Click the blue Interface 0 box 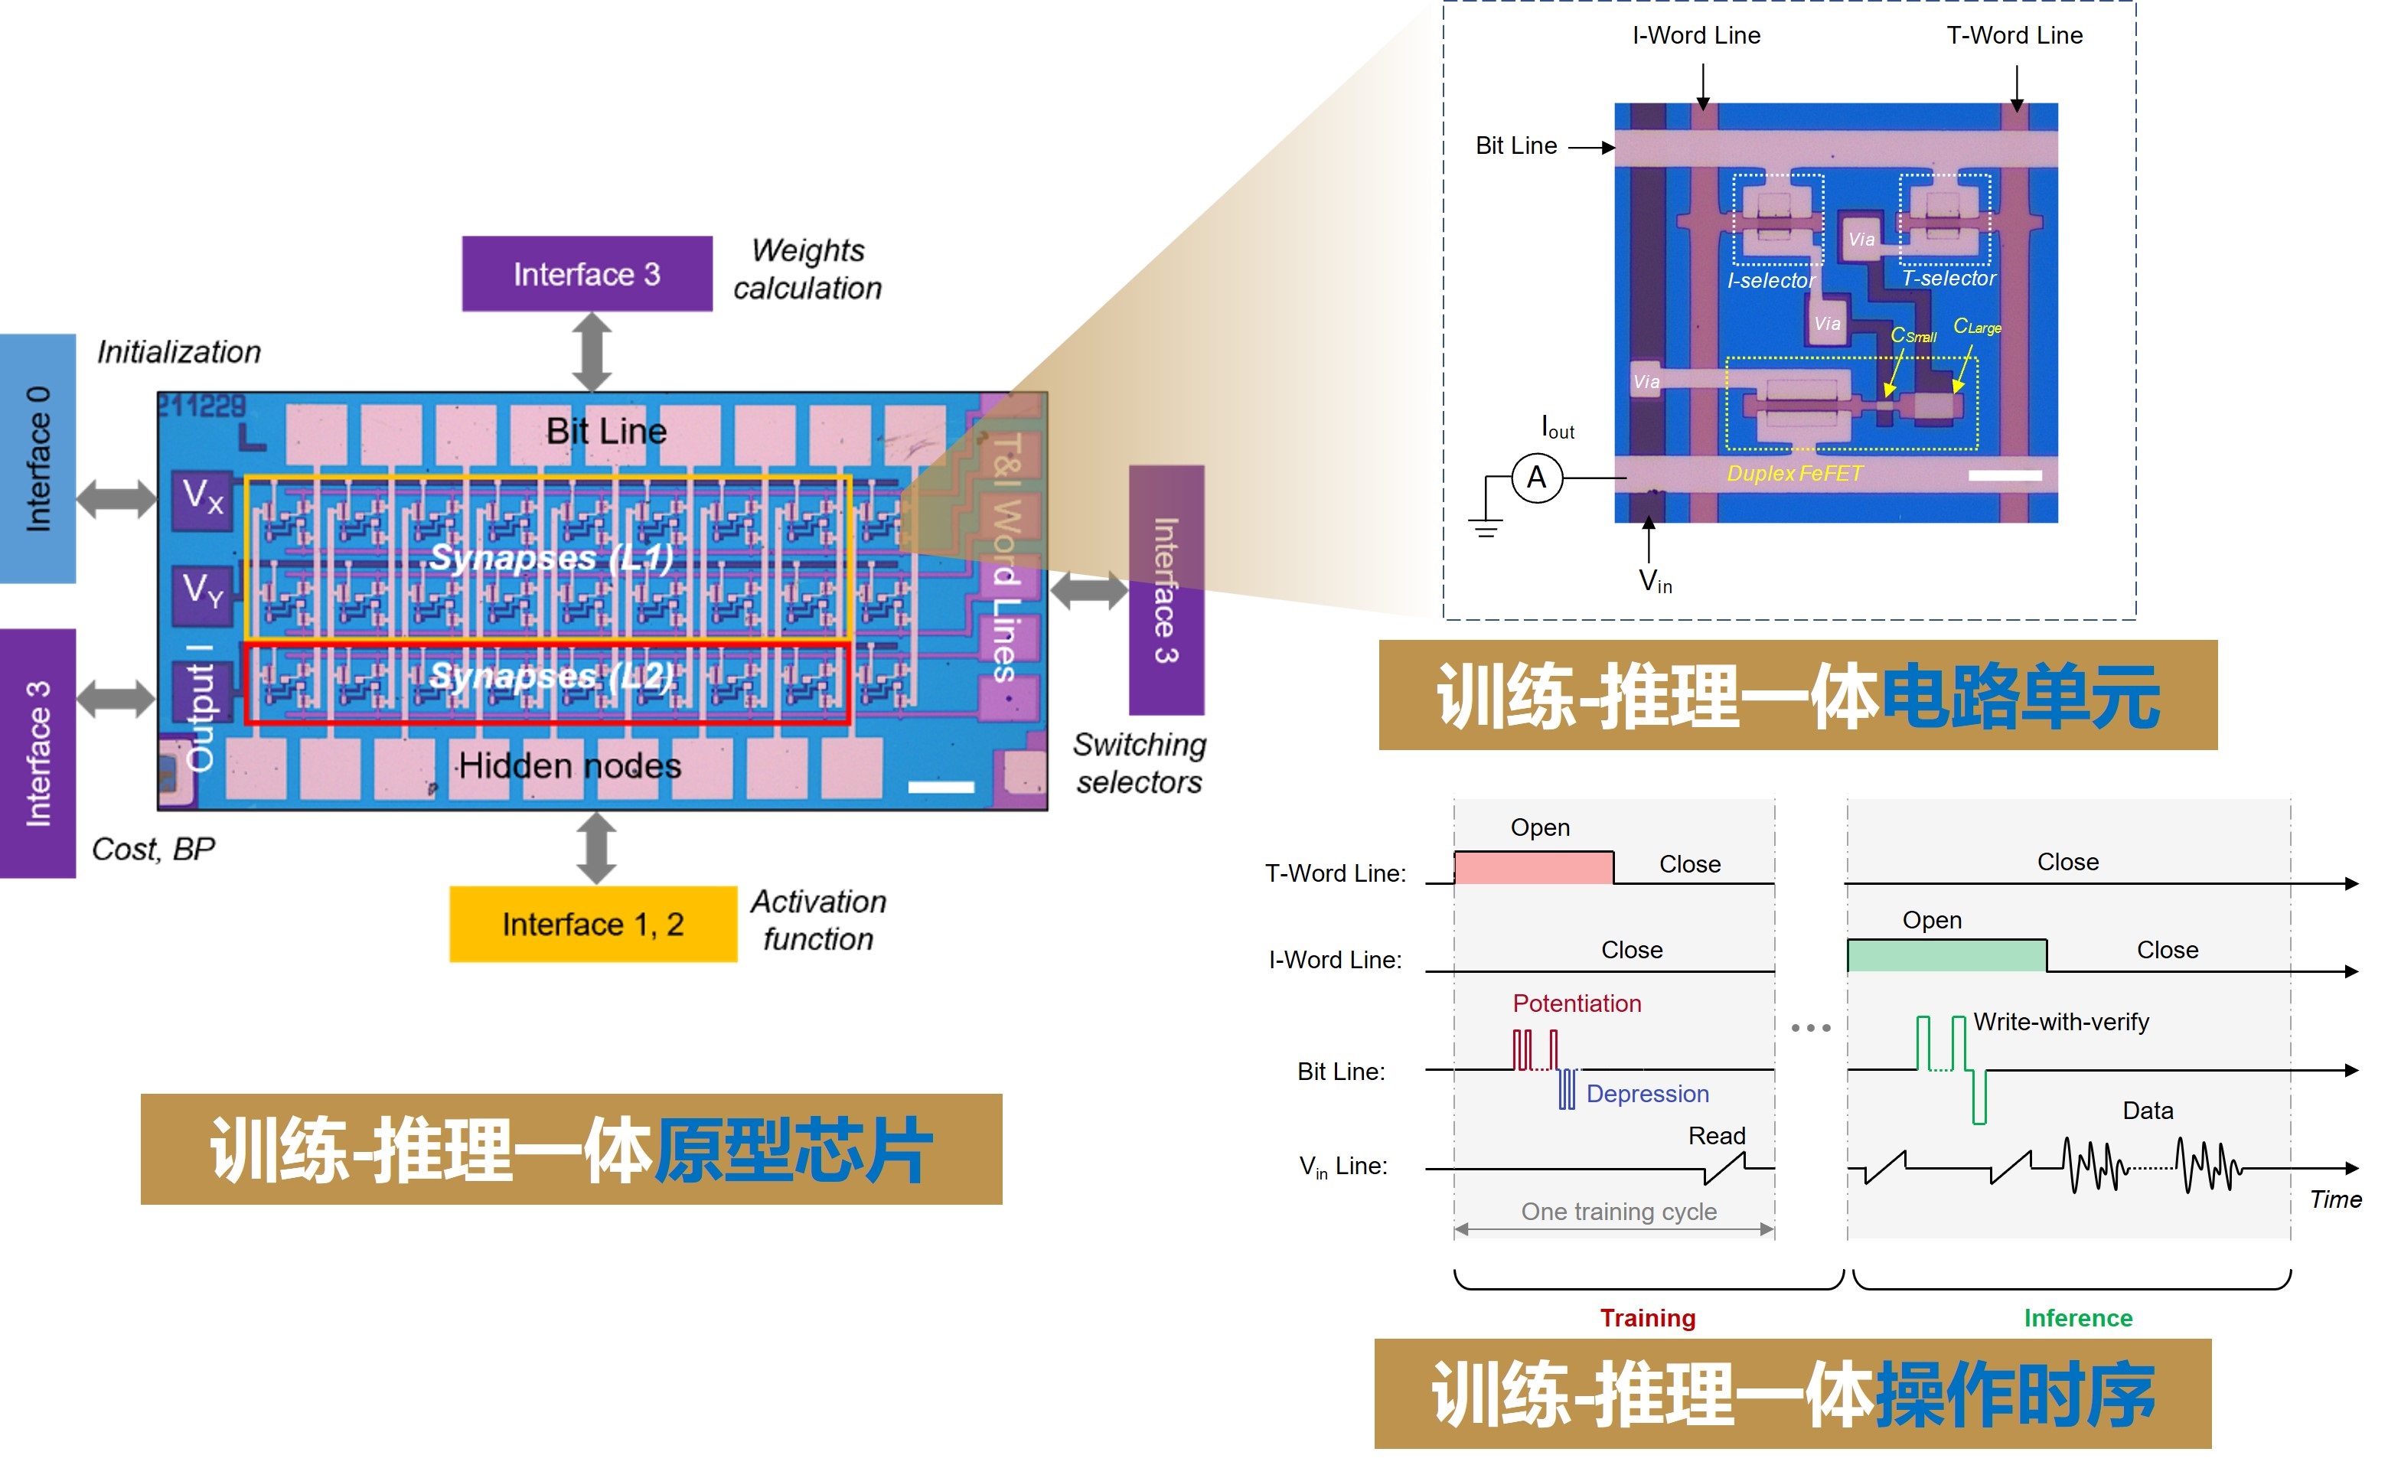(x=38, y=458)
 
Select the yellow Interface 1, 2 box (x=592, y=924)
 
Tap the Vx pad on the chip (x=202, y=498)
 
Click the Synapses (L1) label (x=551, y=558)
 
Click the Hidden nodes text (x=570, y=765)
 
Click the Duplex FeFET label (x=1794, y=474)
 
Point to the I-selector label (x=1770, y=282)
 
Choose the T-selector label (x=1948, y=279)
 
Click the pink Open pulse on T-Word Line (x=1533, y=868)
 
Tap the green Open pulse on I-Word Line (x=1946, y=955)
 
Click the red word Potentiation (x=1576, y=1004)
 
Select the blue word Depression (x=1647, y=1094)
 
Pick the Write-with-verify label (x=2060, y=1023)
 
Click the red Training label (x=1647, y=1319)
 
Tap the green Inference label (x=2077, y=1319)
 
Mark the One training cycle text (x=1618, y=1212)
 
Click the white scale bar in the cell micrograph (x=2004, y=476)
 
